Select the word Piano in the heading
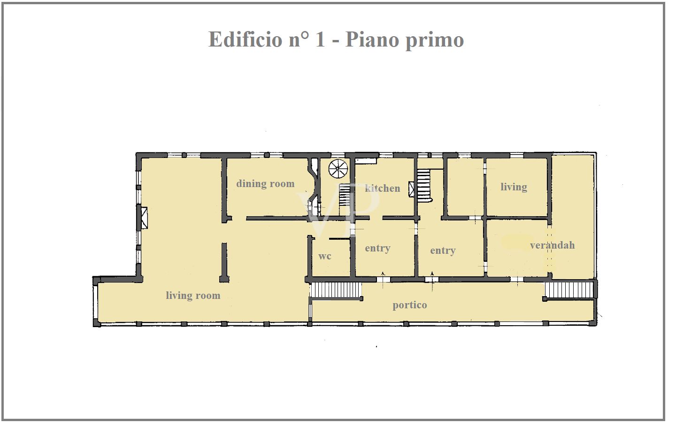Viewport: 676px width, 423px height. coord(372,39)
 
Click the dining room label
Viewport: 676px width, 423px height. coord(265,184)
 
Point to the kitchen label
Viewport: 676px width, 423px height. coord(383,188)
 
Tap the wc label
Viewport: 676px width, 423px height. coord(324,256)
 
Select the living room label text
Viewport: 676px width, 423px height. coord(193,296)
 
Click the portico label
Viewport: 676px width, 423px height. coord(410,305)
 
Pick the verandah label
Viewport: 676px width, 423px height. coord(552,245)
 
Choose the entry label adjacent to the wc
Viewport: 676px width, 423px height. coord(377,248)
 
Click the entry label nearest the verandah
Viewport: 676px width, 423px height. coord(443,251)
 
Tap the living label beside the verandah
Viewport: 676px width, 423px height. coord(514,187)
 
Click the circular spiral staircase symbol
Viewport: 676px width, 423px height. coord(338,169)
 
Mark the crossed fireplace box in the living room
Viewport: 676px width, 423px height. coord(144,218)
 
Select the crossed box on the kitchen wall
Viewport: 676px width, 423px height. coord(412,189)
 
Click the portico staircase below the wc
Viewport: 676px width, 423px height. coord(336,290)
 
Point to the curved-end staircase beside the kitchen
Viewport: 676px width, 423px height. coord(424,185)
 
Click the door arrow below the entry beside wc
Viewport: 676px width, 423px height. coord(384,274)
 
